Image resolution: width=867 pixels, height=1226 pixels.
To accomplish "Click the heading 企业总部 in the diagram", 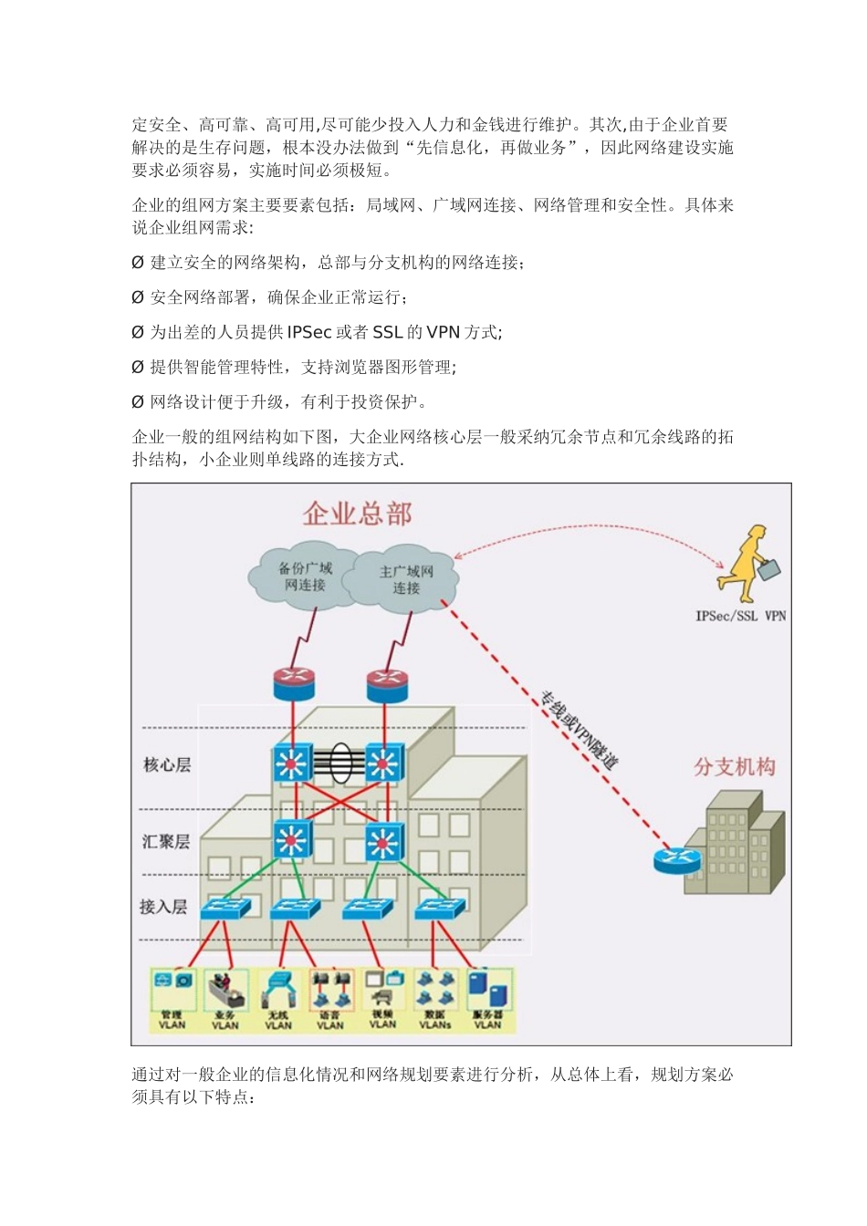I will (358, 514).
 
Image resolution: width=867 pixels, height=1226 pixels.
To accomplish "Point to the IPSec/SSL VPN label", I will (740, 616).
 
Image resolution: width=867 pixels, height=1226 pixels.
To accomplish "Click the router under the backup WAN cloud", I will (293, 683).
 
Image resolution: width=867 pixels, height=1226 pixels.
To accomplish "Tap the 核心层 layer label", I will (167, 764).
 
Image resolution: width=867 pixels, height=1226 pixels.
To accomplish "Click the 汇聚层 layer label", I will (166, 841).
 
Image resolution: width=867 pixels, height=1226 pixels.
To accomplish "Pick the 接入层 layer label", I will (163, 906).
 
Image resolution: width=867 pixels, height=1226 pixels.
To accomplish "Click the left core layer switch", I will (293, 764).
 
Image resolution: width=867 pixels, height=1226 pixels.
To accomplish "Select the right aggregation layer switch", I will (383, 841).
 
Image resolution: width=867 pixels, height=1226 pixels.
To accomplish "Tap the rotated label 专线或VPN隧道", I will (579, 730).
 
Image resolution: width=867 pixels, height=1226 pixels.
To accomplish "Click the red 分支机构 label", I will (735, 766).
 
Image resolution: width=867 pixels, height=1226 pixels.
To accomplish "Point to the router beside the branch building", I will (677, 859).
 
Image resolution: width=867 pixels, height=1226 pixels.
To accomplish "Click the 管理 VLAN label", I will (172, 1020).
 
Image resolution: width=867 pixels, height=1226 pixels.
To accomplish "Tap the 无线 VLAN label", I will (278, 1020).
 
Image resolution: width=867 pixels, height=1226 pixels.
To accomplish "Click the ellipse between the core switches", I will (339, 764).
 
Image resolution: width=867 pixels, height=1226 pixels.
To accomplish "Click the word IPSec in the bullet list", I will (309, 332).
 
